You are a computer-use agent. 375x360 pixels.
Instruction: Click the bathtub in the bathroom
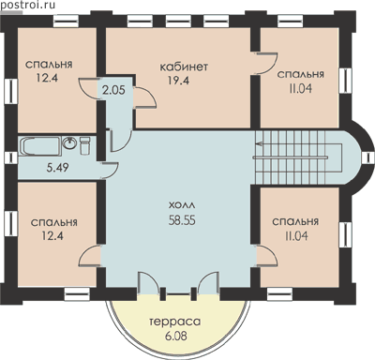(40, 146)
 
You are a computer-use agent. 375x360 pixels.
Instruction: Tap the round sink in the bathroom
(69, 143)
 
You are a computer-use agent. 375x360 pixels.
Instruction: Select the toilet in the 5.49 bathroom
(84, 145)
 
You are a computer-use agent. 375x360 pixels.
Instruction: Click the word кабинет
(184, 67)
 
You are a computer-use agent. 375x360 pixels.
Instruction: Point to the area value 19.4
(178, 81)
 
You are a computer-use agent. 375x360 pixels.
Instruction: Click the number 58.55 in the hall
(182, 220)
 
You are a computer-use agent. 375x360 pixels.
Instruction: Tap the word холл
(182, 206)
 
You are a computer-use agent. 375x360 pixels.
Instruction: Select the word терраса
(175, 322)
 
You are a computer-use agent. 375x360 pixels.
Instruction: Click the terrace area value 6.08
(176, 337)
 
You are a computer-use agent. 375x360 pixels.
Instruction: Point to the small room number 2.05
(113, 90)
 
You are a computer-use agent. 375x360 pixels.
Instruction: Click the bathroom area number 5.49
(58, 168)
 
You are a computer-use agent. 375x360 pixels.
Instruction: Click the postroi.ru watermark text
(27, 5)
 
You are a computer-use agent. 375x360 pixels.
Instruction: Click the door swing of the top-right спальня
(266, 64)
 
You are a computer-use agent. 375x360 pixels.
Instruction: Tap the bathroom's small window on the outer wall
(11, 157)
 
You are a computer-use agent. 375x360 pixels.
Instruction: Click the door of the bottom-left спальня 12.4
(90, 256)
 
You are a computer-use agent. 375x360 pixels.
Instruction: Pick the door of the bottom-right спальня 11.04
(266, 256)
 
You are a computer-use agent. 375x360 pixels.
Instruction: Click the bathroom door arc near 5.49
(110, 172)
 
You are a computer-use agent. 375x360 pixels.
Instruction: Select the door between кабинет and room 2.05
(144, 97)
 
